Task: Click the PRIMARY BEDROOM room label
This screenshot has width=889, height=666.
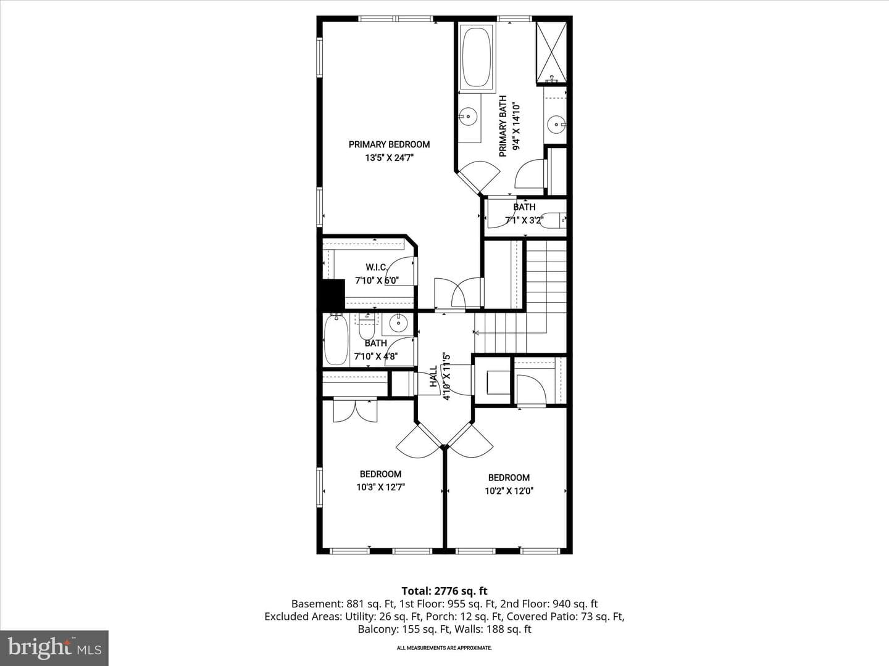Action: [389, 144]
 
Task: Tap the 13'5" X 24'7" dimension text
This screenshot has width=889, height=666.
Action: [389, 158]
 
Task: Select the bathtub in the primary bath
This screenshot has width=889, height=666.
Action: [477, 55]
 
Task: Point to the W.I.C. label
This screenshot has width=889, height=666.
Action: [376, 267]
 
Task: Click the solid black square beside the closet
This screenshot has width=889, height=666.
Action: [333, 295]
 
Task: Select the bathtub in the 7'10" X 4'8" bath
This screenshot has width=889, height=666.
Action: [336, 340]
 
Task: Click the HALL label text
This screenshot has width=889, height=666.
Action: [433, 376]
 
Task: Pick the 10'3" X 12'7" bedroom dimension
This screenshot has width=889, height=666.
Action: [381, 487]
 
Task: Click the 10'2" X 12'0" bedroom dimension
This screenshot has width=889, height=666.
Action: [509, 491]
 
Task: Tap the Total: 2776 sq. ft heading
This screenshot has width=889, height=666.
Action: [444, 591]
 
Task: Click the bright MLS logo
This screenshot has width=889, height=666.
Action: [54, 647]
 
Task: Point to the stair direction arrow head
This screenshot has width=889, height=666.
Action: [477, 333]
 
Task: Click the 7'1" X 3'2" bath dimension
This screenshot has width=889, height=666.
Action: [524, 220]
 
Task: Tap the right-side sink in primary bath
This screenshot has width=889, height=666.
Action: [556, 124]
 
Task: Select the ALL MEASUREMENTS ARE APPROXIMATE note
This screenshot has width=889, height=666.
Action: [444, 647]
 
